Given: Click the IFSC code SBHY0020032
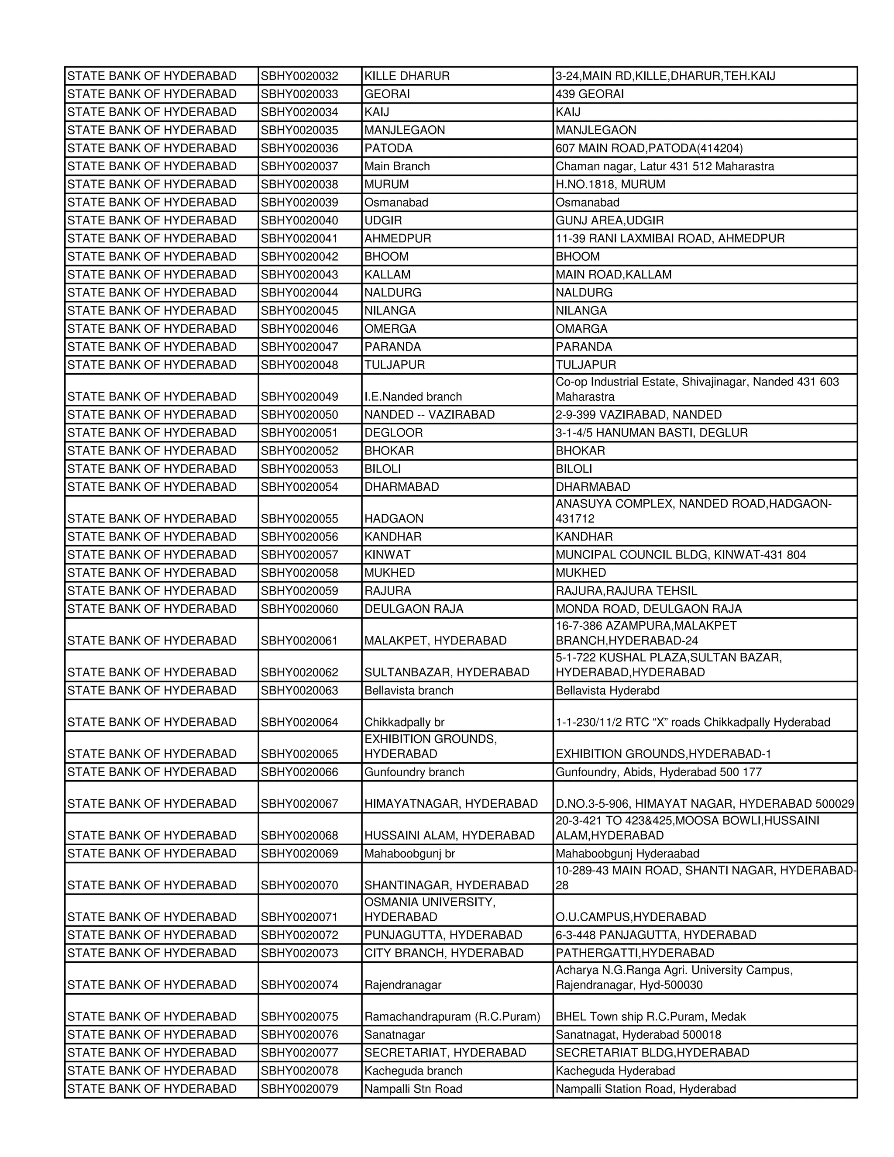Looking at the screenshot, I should coord(299,76).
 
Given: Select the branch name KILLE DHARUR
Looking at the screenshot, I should coord(407,76).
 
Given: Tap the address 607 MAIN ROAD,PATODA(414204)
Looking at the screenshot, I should coord(649,148).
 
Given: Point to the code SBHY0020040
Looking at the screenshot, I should coord(299,220).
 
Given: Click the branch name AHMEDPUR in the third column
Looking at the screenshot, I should coord(398,238).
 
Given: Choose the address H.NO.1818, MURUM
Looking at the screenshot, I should coord(610,184).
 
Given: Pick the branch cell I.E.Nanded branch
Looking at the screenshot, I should coord(413,397).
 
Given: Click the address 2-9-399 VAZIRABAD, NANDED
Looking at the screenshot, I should coord(638,415).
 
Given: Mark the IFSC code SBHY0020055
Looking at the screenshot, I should coord(299,519).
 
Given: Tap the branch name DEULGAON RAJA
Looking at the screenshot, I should coord(414,609).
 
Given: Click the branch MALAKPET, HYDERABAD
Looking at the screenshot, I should coord(435,641).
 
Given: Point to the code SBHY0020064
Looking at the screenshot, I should coord(299,723).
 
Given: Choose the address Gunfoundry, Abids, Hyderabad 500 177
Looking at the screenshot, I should coord(658,772).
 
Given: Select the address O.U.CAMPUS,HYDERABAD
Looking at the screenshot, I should coord(630,917).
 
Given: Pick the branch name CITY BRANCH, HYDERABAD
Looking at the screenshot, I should coord(444,953).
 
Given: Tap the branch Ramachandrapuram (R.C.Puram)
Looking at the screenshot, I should coord(452,1016).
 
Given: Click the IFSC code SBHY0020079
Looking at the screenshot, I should coord(299,1088).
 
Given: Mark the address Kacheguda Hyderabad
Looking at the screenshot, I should coord(615,1071).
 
